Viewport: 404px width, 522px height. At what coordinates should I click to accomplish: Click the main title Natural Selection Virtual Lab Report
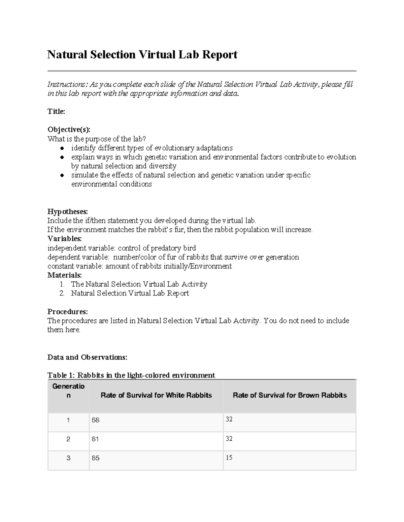coord(142,54)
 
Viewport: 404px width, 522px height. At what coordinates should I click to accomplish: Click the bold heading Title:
coord(56,112)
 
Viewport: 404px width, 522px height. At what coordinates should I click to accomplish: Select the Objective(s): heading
coord(69,130)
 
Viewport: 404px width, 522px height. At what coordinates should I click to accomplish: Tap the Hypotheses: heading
coord(67,211)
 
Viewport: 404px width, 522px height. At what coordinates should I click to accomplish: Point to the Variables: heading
coord(64,239)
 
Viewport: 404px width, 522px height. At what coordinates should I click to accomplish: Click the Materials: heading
coord(64,275)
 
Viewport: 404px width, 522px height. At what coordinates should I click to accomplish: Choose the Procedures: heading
coord(67,312)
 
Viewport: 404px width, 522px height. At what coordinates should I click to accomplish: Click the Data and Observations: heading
coord(87,357)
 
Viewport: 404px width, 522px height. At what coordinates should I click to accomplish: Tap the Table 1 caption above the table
coord(131,375)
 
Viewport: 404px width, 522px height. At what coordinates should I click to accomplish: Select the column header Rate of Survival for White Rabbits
coord(156,395)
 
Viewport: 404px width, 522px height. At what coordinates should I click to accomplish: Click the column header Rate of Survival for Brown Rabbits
coord(290,395)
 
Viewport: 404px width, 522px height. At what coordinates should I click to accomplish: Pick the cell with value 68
coord(96,420)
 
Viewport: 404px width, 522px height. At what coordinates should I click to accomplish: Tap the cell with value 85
coord(96,458)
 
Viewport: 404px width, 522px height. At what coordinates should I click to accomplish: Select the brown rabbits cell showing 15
coord(229,457)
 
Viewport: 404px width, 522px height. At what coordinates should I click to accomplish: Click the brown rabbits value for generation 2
coord(229,439)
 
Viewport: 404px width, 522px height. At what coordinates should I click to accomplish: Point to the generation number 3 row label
coord(68,458)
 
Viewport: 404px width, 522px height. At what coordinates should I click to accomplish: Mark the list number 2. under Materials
coord(62,293)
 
